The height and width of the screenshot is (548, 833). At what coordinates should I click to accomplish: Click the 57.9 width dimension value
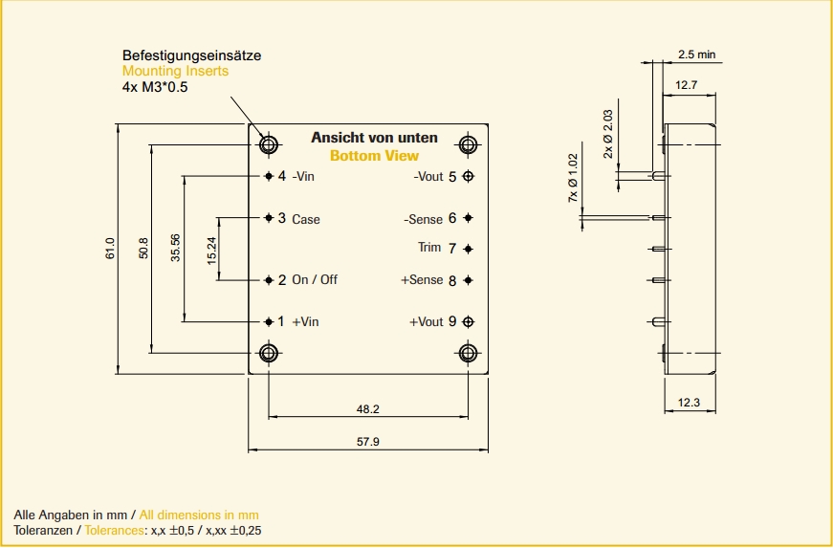(367, 442)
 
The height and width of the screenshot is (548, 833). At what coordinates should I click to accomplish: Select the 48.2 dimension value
(368, 409)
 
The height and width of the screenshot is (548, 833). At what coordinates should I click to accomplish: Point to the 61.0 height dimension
(110, 249)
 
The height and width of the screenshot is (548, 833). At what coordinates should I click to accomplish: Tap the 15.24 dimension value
(211, 250)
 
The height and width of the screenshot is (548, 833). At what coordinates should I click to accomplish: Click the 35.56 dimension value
(175, 250)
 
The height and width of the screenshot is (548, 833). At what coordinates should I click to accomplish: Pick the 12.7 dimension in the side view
(687, 85)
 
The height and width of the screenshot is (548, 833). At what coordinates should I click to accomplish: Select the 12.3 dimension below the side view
(689, 403)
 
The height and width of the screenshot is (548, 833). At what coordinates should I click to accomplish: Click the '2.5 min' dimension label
(696, 55)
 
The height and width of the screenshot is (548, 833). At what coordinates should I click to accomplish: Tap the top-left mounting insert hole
(269, 145)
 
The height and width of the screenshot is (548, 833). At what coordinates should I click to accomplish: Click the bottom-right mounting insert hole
(468, 354)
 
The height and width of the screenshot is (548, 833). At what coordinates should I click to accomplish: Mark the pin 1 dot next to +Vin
(269, 321)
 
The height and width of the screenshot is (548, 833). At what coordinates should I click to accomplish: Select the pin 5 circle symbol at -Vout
(468, 176)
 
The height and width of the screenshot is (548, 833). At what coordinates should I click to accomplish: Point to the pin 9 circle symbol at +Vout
(468, 321)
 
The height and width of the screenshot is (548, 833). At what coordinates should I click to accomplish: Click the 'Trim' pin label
(429, 248)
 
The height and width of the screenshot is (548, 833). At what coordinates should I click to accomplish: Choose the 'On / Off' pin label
(315, 280)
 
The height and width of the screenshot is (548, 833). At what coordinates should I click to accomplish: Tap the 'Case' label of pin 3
(306, 220)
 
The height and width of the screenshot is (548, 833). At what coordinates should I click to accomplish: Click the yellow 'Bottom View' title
(374, 156)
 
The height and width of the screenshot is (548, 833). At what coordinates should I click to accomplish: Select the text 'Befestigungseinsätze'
(191, 55)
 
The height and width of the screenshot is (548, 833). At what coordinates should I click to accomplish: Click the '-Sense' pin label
(424, 219)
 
